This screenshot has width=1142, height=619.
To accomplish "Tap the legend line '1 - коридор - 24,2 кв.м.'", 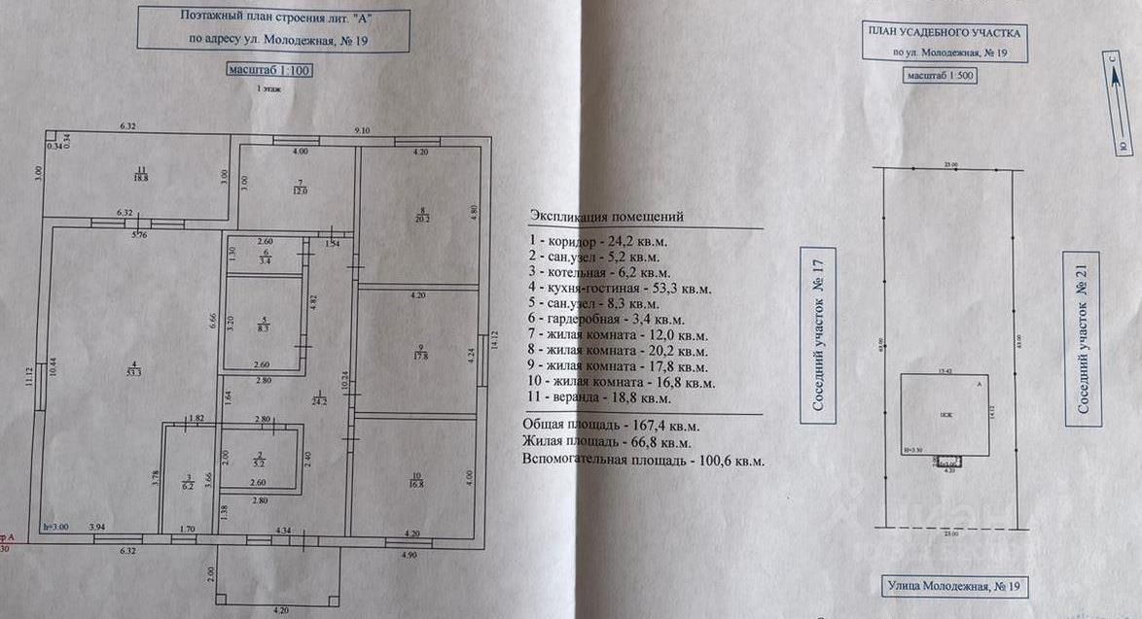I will (x=603, y=238).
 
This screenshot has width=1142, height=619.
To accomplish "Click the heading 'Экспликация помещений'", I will (x=607, y=215).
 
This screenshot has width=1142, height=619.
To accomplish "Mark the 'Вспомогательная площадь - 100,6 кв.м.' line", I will (x=643, y=460).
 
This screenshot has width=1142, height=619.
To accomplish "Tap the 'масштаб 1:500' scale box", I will (x=939, y=75).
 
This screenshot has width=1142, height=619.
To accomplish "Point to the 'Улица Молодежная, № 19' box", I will (x=951, y=587).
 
